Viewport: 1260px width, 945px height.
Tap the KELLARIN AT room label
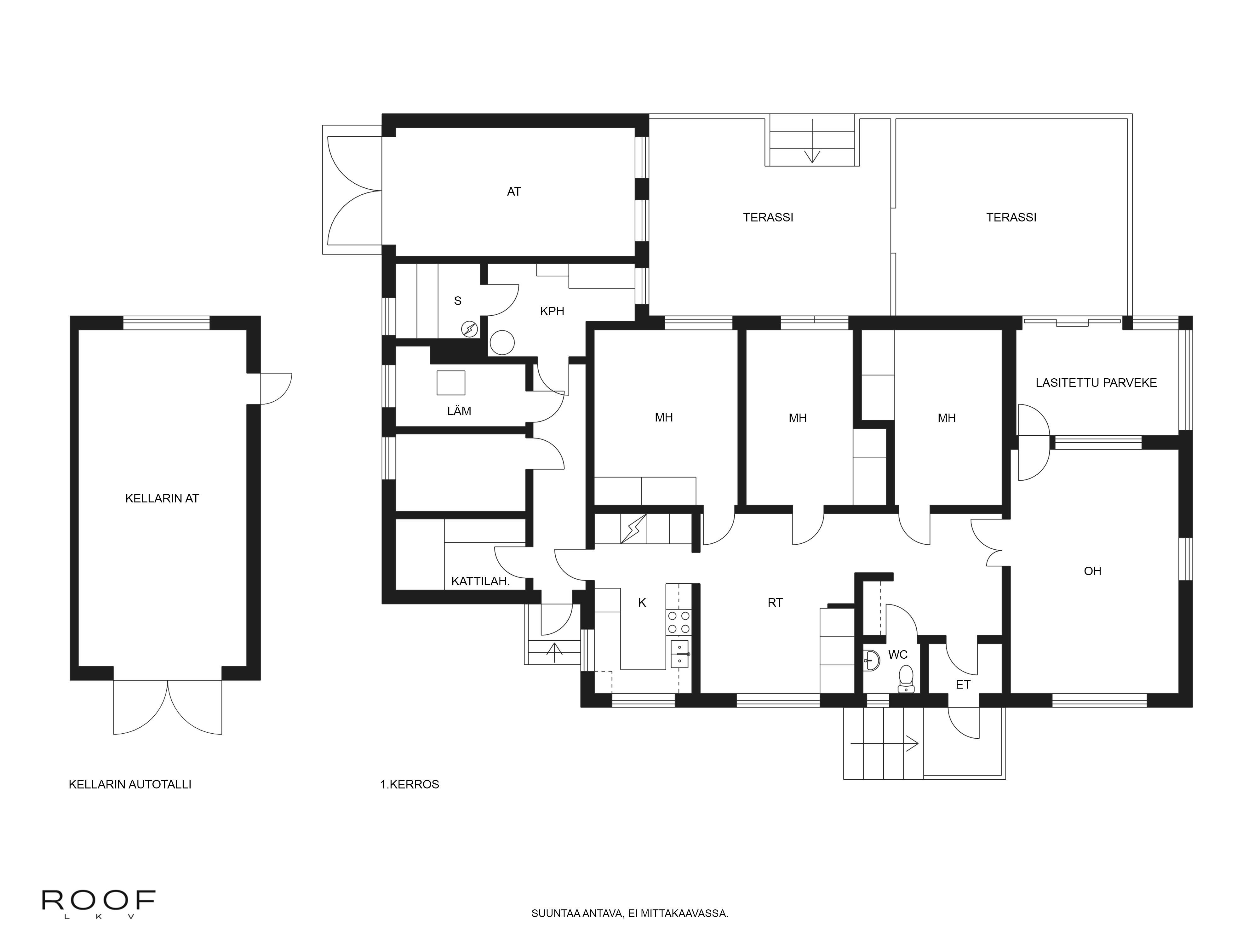pyautogui.click(x=162, y=498)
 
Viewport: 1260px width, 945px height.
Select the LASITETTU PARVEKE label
pyautogui.click(x=1096, y=383)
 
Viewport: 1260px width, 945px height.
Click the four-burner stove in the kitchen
pyautogui.click(x=679, y=622)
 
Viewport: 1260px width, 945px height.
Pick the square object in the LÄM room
pyautogui.click(x=450, y=383)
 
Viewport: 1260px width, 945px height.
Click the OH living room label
pyautogui.click(x=1092, y=571)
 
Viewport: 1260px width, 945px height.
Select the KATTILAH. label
pyautogui.click(x=480, y=581)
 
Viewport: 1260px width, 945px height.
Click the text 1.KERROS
pyautogui.click(x=409, y=784)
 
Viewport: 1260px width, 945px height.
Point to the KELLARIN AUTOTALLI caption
pyautogui.click(x=130, y=784)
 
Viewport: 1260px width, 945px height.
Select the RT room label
pyautogui.click(x=775, y=603)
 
